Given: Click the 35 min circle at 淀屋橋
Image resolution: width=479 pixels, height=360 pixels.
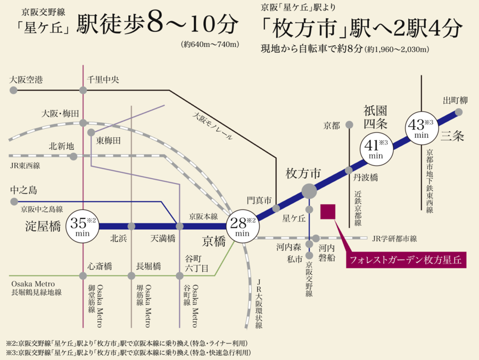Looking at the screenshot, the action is tap(82, 226).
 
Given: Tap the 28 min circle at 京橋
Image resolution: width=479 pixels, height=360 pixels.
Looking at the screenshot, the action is tap(243, 226).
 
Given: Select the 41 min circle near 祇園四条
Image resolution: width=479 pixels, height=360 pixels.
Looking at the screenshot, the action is tap(376, 149).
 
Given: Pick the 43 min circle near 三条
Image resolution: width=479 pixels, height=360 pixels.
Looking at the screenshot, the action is tap(422, 128).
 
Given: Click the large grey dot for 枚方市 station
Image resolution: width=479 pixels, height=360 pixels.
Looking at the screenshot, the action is tap(309, 191).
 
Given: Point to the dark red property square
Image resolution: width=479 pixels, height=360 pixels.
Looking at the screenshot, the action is tap(328, 212).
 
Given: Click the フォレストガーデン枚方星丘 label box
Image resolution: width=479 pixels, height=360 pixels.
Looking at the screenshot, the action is tap(406, 260).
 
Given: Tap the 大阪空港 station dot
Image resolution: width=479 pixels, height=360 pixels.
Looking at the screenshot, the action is tap(13, 90).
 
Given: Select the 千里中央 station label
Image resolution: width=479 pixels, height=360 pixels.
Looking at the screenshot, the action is tap(103, 80).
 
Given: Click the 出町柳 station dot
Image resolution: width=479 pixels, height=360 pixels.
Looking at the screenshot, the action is tap(459, 112).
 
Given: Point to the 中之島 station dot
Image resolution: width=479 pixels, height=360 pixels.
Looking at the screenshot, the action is tap(14, 202).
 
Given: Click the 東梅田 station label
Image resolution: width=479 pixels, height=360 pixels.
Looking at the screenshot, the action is tap(109, 141).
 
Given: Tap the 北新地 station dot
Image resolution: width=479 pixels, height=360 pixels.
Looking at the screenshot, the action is tap(73, 157).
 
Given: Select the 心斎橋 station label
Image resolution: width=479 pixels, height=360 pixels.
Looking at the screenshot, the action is tap(100, 266).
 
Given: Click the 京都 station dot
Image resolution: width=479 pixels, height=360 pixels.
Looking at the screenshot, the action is tap(349, 124).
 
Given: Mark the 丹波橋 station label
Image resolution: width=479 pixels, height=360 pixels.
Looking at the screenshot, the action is tap(366, 178).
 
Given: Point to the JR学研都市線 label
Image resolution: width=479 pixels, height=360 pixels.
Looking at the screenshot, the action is tap(394, 238).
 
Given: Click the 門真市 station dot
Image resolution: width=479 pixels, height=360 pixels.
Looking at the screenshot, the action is tap(276, 208).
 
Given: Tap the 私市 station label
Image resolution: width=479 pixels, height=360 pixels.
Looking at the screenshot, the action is tap(294, 259).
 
